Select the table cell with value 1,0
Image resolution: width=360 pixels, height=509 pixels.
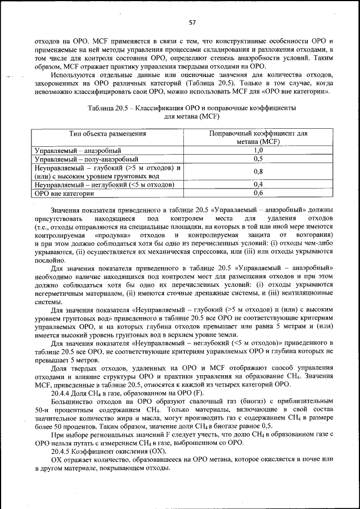[x=258, y=151]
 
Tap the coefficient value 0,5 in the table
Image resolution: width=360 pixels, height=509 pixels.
[x=258, y=159]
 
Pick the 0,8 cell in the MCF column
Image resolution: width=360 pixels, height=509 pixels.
[x=258, y=172]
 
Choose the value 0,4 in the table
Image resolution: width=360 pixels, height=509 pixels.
[x=258, y=184]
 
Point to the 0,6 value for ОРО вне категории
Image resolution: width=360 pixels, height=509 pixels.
[x=258, y=193]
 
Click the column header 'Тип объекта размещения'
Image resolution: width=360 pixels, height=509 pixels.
[x=107, y=134]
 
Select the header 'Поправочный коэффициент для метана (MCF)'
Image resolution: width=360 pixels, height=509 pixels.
[x=258, y=138]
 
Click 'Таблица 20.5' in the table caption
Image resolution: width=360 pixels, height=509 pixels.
[x=109, y=107]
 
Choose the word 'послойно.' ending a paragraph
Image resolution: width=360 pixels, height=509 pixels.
[x=49, y=259]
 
